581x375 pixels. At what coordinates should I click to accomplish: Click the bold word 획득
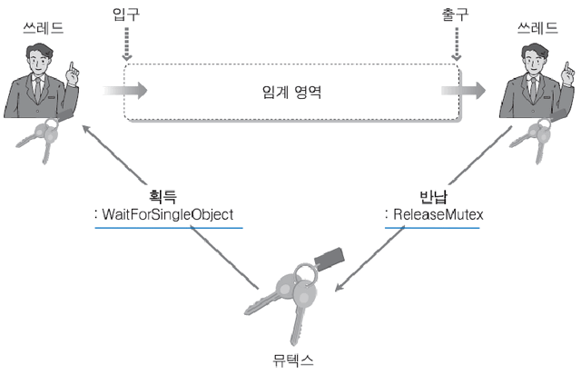click(x=161, y=195)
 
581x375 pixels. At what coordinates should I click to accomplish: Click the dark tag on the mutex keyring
click(x=328, y=260)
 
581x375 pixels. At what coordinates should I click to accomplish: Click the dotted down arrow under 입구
click(x=127, y=45)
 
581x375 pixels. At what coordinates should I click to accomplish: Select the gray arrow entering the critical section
click(x=125, y=91)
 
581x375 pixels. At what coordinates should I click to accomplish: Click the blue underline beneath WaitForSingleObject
click(x=169, y=227)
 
